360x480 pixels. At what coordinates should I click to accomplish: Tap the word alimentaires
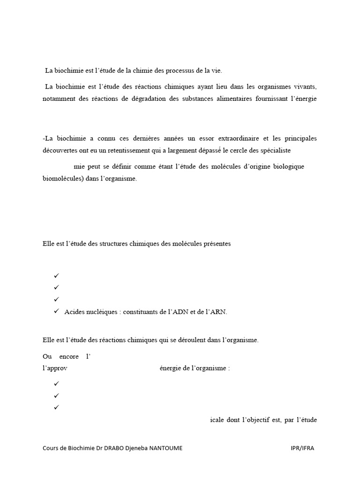[x=232, y=98]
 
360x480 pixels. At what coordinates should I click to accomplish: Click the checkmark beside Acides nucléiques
[x=56, y=311]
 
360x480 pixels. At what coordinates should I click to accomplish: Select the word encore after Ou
[x=69, y=356]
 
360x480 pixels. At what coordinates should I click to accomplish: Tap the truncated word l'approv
[x=55, y=368]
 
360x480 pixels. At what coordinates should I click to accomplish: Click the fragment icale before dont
[x=217, y=420]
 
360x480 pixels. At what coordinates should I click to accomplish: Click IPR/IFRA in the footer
[x=302, y=448]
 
